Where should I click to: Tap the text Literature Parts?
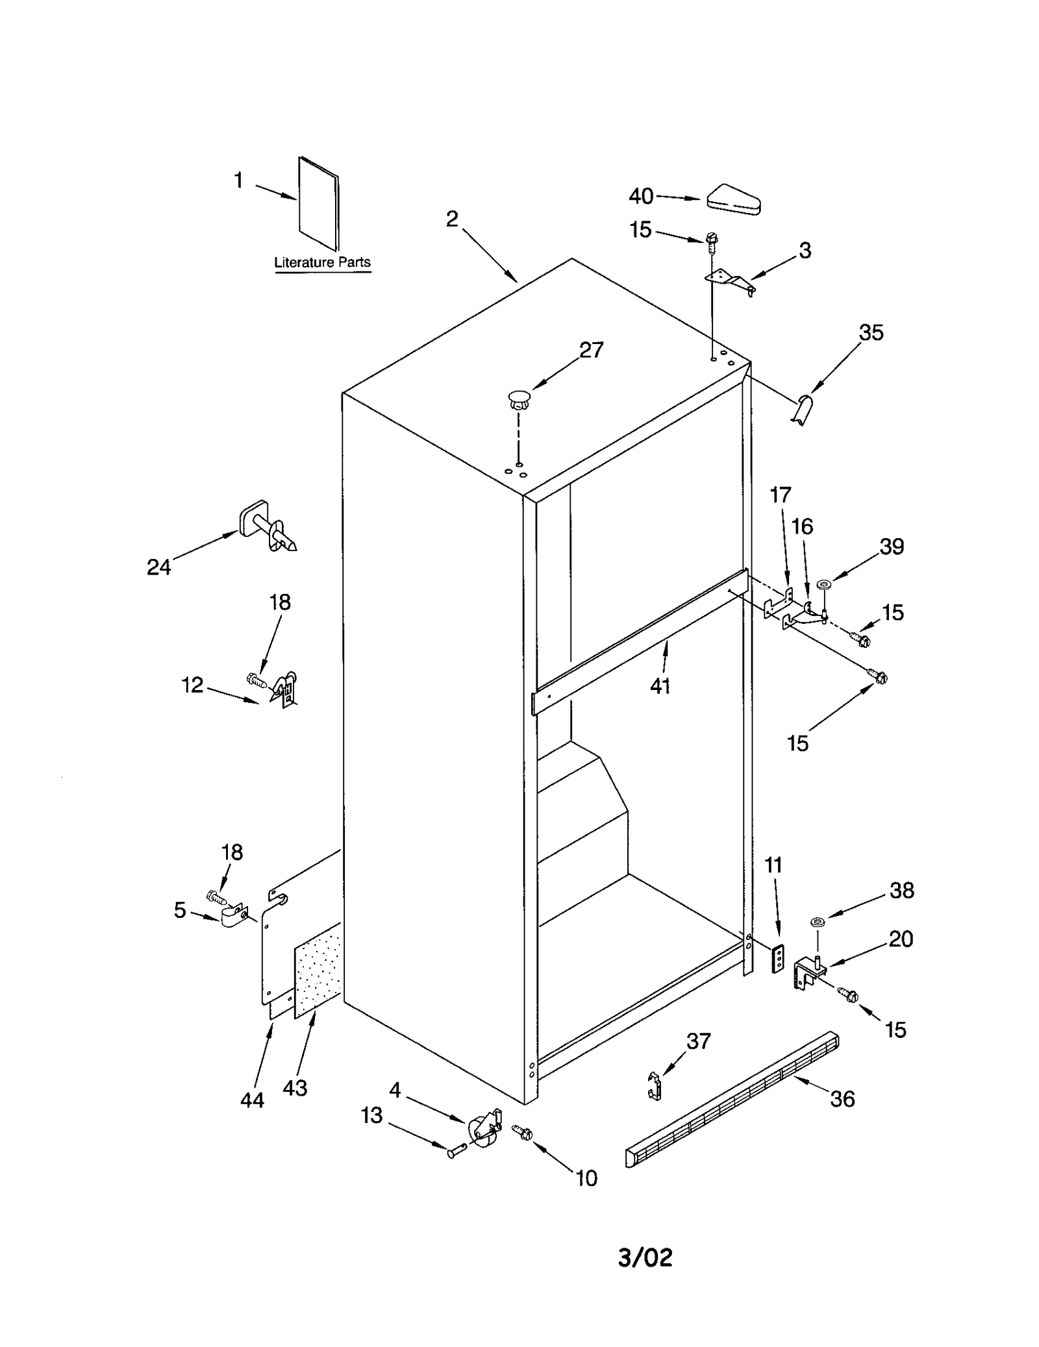[x=322, y=262]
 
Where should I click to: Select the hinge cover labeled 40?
[x=734, y=200]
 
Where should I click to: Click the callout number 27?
[x=591, y=351]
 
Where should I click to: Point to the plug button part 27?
[x=518, y=399]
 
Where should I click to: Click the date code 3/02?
[x=645, y=1257]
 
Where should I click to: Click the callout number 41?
[x=660, y=686]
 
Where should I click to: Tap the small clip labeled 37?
[x=655, y=1085]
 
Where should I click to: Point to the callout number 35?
[x=871, y=332]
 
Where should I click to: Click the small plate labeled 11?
[x=777, y=958]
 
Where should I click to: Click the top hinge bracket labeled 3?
[x=731, y=280]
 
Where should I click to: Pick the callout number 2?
[x=452, y=219]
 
